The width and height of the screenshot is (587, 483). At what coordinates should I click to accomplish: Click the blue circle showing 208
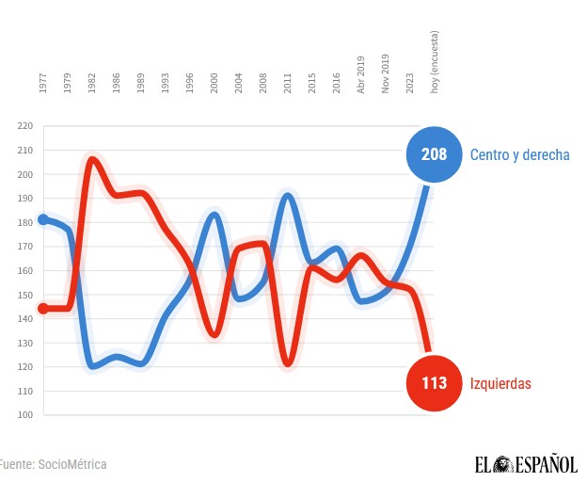click(434, 153)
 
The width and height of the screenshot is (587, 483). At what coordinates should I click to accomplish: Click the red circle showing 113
click(434, 383)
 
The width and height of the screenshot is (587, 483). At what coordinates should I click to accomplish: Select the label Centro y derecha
click(520, 154)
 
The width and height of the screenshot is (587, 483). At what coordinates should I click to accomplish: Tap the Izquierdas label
click(501, 384)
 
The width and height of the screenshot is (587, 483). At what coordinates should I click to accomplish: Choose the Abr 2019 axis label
click(361, 74)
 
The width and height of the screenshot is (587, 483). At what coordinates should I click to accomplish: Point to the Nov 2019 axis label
click(386, 74)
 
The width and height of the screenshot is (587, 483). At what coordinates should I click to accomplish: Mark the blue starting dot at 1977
click(43, 219)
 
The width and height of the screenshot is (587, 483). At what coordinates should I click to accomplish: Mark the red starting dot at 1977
click(43, 308)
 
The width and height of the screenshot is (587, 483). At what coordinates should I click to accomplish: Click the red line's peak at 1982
click(92, 158)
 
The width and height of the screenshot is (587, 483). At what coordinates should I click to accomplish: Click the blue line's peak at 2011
click(288, 195)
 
